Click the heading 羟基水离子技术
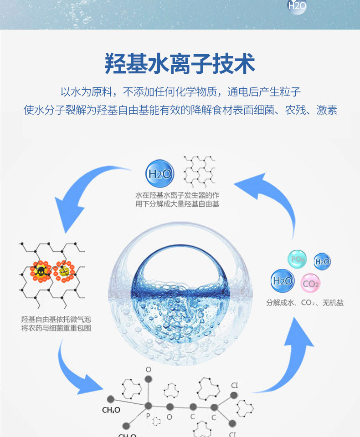coord(180,63)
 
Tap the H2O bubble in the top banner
coord(297,5)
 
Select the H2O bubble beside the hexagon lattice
coord(159,173)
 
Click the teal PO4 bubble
coord(297,259)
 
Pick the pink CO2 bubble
coord(311,284)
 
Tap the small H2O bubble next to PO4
coord(322,261)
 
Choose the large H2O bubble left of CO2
coord(283,281)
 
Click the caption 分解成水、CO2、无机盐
coord(305,303)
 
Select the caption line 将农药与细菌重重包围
coord(56,328)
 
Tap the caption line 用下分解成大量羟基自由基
coord(177,204)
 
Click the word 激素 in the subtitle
coord(327,110)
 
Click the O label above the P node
coord(148,369)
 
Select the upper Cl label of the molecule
coord(234,386)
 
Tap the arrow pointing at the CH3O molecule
coord(77,369)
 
